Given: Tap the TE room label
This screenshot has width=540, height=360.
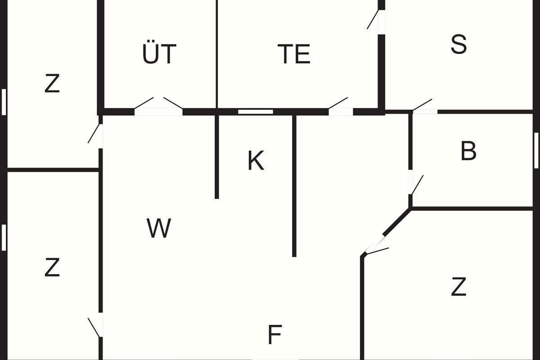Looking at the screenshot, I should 294,54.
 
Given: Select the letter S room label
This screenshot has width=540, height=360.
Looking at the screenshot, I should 459,45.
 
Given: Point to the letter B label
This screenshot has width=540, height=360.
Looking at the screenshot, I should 468,152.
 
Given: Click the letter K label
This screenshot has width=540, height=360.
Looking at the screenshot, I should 256,161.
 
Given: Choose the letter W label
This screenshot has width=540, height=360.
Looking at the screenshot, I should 159,228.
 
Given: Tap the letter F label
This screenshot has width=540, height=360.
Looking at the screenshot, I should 274,335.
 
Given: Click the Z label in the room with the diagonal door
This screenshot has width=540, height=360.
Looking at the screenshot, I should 458,287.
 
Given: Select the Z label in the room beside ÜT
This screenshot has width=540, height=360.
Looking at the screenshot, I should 52,84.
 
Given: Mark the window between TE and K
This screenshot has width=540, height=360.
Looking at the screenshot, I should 256,112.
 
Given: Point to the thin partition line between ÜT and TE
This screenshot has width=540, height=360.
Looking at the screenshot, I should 217,54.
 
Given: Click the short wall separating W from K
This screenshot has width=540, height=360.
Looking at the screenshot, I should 217,157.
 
